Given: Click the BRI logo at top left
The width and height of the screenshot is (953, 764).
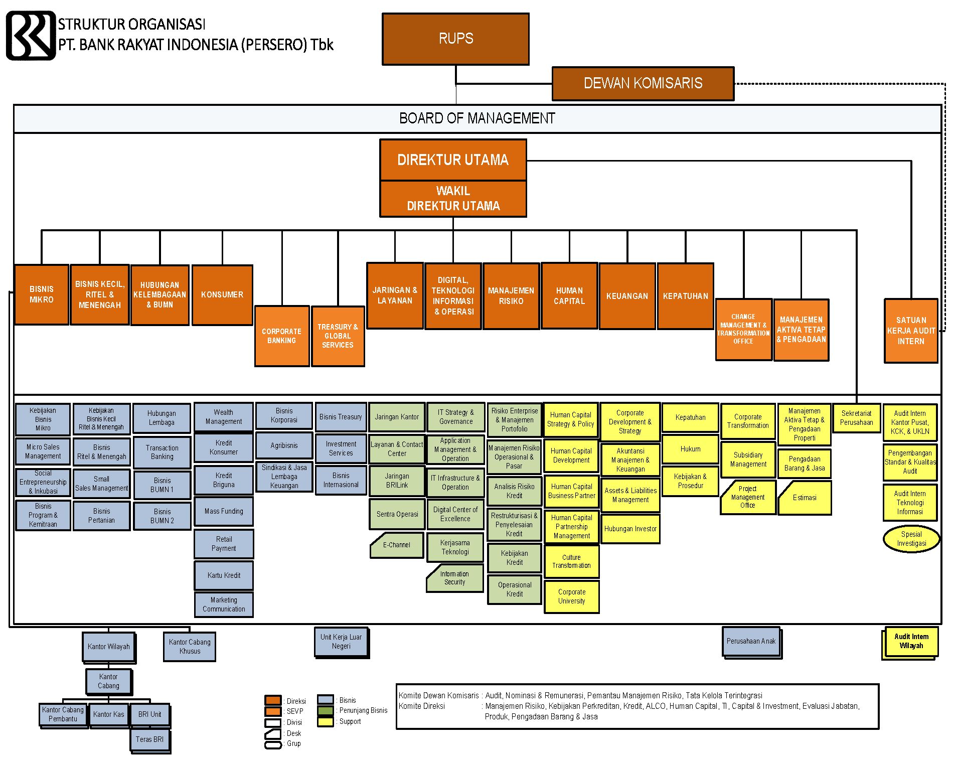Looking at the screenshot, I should (31, 36).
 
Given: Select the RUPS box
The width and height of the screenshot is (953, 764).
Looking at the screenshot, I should (455, 39).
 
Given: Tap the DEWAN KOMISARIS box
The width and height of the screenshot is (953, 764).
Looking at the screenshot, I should (643, 83).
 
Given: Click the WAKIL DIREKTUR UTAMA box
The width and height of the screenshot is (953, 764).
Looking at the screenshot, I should (453, 199).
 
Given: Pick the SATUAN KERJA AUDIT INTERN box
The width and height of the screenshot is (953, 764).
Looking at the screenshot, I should (910, 331).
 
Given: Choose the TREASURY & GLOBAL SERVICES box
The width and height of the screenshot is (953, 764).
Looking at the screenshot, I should (338, 336).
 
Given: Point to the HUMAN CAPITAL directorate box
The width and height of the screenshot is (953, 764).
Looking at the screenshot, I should (569, 296).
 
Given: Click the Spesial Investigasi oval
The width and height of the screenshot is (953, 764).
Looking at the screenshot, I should (911, 539).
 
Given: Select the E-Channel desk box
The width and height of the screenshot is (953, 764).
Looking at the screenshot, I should (397, 545).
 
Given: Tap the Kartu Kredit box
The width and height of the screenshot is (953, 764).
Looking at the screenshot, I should (224, 575).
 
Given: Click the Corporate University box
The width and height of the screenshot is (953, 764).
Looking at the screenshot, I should (571, 596).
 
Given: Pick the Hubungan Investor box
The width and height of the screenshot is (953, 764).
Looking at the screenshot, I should (630, 529).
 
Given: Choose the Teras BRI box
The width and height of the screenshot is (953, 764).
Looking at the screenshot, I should (149, 739).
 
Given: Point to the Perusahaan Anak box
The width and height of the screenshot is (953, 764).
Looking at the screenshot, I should (751, 641).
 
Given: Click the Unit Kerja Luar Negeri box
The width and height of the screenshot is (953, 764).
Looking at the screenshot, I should (341, 642).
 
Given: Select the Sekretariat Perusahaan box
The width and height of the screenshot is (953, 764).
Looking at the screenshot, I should (856, 418).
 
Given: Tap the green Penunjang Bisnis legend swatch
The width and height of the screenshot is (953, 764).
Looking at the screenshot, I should (326, 710).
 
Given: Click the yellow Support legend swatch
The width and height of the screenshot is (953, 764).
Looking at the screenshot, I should (326, 721).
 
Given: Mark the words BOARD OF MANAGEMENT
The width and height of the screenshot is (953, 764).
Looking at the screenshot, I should (477, 118).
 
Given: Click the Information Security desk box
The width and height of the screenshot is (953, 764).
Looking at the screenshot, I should (454, 578).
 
